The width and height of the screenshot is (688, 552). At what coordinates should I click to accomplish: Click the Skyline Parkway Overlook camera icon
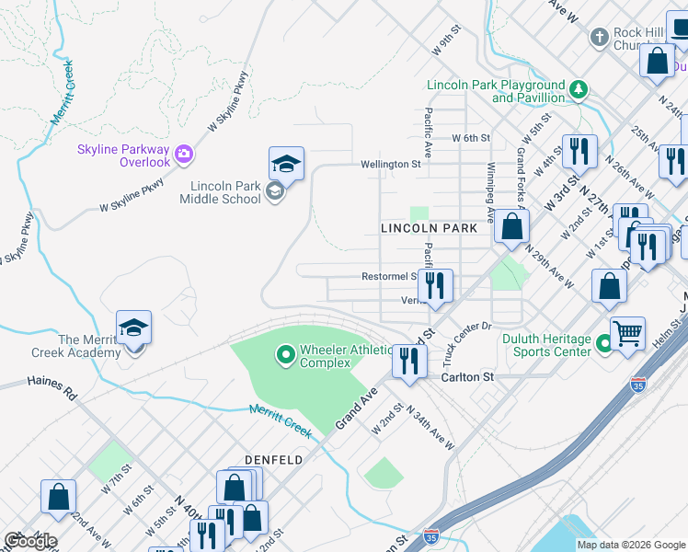click(x=183, y=151)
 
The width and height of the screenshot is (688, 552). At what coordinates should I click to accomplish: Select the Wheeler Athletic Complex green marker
click(x=285, y=352)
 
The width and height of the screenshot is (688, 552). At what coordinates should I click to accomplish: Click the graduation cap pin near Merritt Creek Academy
click(x=133, y=328)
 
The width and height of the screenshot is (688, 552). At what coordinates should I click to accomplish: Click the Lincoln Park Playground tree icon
click(x=579, y=89)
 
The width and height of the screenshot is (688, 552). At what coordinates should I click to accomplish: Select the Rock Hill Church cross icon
click(x=600, y=38)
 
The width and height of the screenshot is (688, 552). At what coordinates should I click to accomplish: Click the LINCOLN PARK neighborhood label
click(x=429, y=227)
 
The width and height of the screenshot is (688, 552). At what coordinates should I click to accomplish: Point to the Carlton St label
click(x=467, y=377)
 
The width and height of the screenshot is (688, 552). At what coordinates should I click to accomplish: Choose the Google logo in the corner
click(x=30, y=541)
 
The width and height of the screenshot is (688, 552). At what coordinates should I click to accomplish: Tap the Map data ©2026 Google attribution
click(x=631, y=545)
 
